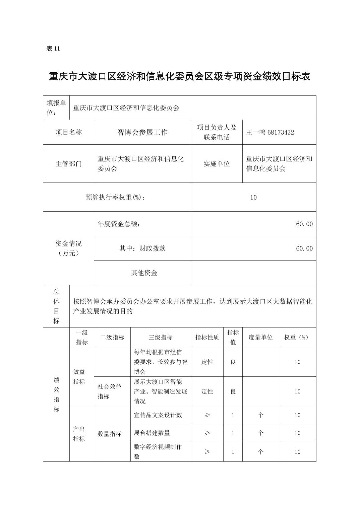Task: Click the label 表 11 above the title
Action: pyautogui.click(x=53, y=49)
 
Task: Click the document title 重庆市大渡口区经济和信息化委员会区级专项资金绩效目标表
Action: pyautogui.click(x=180, y=77)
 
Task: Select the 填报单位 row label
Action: pyautogui.click(x=56, y=108)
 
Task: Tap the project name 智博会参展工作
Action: pyautogui.click(x=142, y=132)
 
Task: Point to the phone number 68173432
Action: pyautogui.click(x=281, y=132)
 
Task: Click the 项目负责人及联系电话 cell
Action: pyautogui.click(x=217, y=132)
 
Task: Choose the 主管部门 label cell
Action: pyautogui.click(x=68, y=164)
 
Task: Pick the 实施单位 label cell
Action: pyautogui.click(x=217, y=164)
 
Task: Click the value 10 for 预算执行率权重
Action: pyautogui.click(x=253, y=197)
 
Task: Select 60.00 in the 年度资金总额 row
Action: pyautogui.click(x=304, y=224)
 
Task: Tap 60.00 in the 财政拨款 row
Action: pyautogui.click(x=304, y=248)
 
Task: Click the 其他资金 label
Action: pyautogui.click(x=144, y=273)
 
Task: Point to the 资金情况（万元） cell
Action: pyautogui.click(x=68, y=248)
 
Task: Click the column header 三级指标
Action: pyautogui.click(x=161, y=337)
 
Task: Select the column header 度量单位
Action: pyautogui.click(x=260, y=337)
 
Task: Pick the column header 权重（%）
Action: pyautogui.click(x=297, y=337)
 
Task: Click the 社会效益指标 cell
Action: pyautogui.click(x=110, y=391)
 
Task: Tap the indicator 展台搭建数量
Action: pyautogui.click(x=152, y=433)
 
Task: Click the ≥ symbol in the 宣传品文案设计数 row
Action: pyautogui.click(x=207, y=415)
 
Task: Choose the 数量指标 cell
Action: pyautogui.click(x=110, y=434)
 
